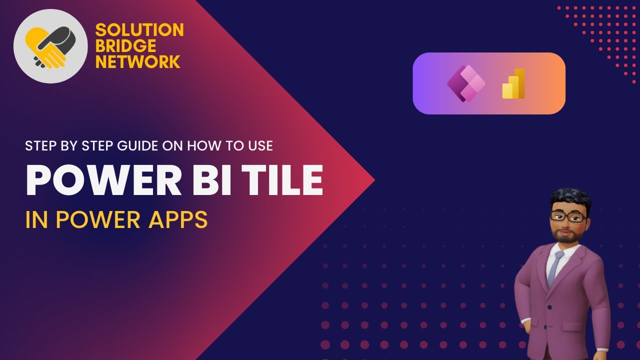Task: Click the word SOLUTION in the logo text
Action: point(139,30)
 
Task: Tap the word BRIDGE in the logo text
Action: point(125,46)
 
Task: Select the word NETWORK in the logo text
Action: point(138,62)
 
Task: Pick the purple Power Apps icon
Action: point(465,83)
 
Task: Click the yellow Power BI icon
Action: point(514,83)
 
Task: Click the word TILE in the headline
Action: point(281,179)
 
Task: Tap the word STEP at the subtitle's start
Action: point(40,146)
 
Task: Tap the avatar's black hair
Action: point(570,196)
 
